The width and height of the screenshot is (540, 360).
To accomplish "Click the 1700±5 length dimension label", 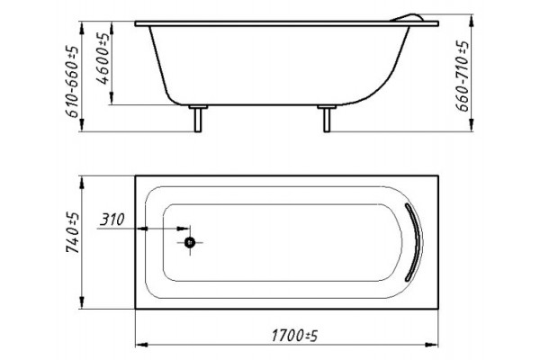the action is tap(294, 336).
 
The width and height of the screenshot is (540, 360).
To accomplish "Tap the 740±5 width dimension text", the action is tap(73, 233).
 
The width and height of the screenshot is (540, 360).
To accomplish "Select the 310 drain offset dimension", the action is tap(112, 219).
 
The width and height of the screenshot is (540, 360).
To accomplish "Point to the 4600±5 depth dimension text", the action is tap(103, 58).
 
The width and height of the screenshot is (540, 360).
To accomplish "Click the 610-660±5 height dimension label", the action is tap(73, 82).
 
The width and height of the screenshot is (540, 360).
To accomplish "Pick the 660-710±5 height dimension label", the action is tap(463, 76).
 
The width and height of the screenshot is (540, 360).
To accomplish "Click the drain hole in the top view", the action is tap(190, 242).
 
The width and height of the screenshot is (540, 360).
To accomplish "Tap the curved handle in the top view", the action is tap(415, 242).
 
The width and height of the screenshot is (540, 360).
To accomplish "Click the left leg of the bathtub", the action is tap(198, 119).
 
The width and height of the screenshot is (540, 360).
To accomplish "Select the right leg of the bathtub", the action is tap(327, 119).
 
